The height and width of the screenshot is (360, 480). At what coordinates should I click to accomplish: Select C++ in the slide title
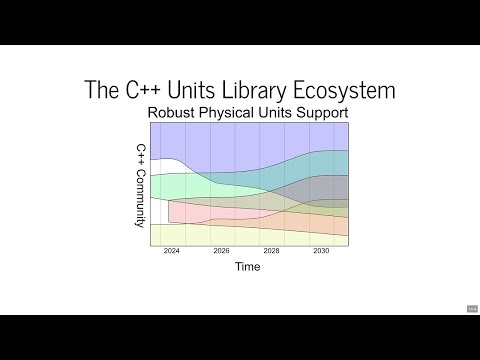(x=134, y=89)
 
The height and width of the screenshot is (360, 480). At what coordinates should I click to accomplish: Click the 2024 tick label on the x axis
(x=173, y=252)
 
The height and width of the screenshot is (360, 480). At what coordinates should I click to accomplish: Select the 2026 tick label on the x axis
(x=222, y=252)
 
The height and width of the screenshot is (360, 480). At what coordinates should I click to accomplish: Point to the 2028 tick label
(x=271, y=252)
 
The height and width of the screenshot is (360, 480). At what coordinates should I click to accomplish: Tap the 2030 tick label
(x=320, y=252)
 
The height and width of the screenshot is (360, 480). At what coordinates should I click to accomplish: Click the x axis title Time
(x=248, y=267)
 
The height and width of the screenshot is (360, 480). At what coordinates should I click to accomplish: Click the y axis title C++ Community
(x=141, y=186)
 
